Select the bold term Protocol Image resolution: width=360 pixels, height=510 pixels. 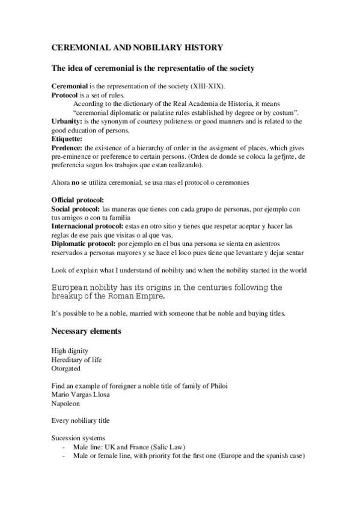tap(64, 95)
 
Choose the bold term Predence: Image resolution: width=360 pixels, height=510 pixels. tap(68, 147)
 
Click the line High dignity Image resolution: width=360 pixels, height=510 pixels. tap(70, 351)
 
